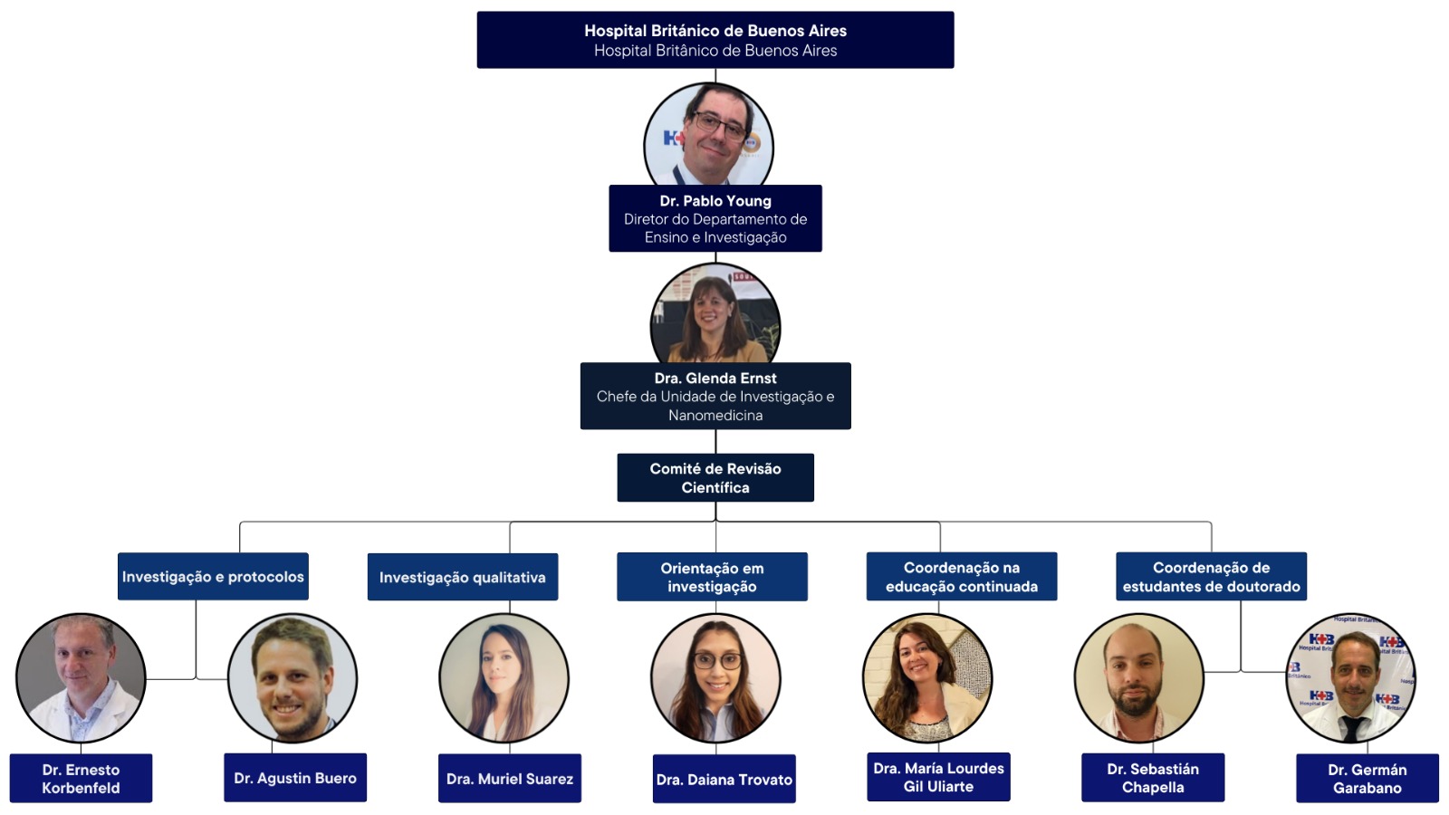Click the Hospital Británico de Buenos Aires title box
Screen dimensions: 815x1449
(715, 40)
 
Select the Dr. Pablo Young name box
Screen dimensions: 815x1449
(715, 218)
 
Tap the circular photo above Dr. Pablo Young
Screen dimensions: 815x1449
(708, 136)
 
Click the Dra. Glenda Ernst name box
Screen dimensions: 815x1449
(715, 396)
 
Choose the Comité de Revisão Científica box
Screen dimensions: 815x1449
(715, 477)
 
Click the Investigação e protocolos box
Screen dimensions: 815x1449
(213, 577)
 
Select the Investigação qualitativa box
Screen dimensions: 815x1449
(462, 578)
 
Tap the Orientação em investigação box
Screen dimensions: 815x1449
(712, 577)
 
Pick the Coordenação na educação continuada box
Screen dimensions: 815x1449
(961, 577)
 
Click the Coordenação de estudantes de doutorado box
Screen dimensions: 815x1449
(1211, 577)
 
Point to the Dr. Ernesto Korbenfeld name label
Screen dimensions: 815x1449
(81, 778)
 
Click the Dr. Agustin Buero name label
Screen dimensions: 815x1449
(294, 778)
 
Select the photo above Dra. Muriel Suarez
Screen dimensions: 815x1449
(504, 678)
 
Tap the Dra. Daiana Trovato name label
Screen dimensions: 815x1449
(724, 779)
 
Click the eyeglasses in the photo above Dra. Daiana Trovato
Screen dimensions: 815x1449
(717, 660)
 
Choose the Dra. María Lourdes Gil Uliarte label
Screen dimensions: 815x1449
(938, 777)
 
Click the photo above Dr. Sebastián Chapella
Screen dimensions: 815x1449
(1138, 678)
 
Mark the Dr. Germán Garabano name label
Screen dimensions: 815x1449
(1367, 778)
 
